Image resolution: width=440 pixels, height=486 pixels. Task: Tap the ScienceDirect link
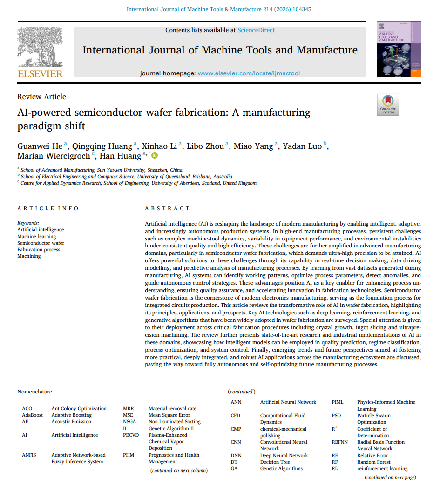pos(256,30)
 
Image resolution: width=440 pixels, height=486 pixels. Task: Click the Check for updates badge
pos(387,105)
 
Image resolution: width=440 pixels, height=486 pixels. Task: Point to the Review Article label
pos(41,97)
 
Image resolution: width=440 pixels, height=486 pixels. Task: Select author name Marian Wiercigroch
pos(54,156)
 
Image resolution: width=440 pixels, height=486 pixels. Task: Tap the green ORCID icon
pos(155,156)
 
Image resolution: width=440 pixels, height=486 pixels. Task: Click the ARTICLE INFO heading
pos(48,208)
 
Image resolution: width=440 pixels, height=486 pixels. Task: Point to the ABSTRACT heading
pos(167,208)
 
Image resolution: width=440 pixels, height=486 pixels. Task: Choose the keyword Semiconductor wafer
pos(41,243)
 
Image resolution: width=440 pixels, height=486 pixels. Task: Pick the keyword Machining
pos(29,256)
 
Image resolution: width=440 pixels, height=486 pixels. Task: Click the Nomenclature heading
pos(34,392)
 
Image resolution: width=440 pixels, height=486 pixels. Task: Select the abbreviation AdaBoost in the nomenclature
pos(32,415)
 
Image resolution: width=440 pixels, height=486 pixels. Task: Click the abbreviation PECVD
pos(131,435)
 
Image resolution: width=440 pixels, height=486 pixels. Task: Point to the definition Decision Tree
pos(275,462)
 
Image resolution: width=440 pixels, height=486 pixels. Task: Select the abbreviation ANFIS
pos(30,455)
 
